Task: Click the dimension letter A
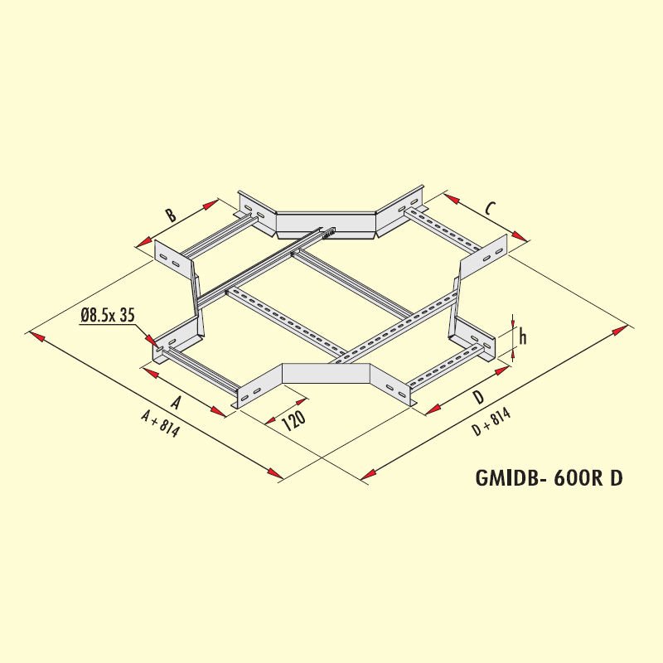[176, 403]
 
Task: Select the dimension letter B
[171, 215]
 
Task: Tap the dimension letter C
[489, 208]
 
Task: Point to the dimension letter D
[478, 397]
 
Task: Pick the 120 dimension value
[293, 420]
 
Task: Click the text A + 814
[161, 424]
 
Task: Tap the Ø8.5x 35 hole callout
[107, 315]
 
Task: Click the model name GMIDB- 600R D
[549, 478]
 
